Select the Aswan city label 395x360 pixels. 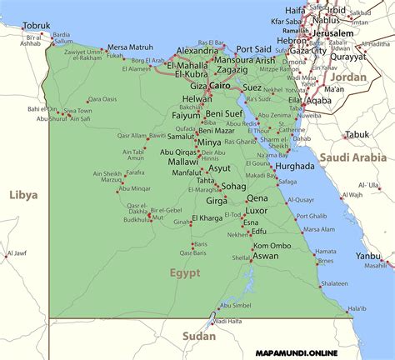click(266, 256)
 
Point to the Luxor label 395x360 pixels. click(256, 211)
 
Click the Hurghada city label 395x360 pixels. click(295, 166)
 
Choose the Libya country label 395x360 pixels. click(23, 194)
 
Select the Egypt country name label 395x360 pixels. click(185, 272)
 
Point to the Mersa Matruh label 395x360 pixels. click(131, 47)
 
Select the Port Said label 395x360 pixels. click(253, 49)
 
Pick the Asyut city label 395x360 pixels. click(219, 167)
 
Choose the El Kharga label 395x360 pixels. click(207, 218)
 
